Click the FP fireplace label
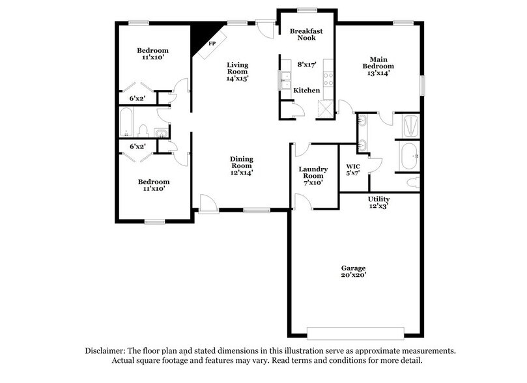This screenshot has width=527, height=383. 212,44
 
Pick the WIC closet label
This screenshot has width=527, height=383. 352,169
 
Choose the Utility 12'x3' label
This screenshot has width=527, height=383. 378,203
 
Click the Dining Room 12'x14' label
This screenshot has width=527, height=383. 241,165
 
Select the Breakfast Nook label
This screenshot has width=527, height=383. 303,33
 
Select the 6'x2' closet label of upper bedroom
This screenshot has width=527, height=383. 136,98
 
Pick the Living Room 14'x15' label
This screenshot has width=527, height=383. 237,71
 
